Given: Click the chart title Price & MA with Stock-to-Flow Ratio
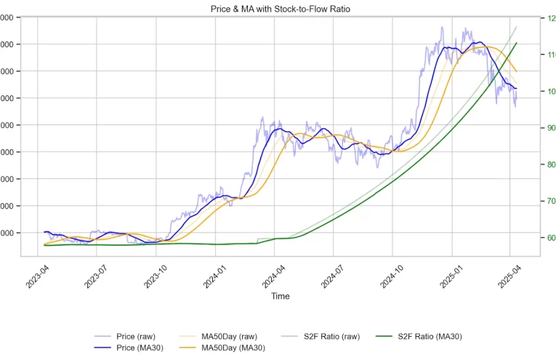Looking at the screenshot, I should coord(280,8).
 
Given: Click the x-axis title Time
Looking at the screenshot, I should coord(280,296).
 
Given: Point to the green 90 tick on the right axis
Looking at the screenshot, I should coord(550,129).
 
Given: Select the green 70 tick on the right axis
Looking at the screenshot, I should coord(550,201).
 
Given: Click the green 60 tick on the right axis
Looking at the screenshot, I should coord(550,239).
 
